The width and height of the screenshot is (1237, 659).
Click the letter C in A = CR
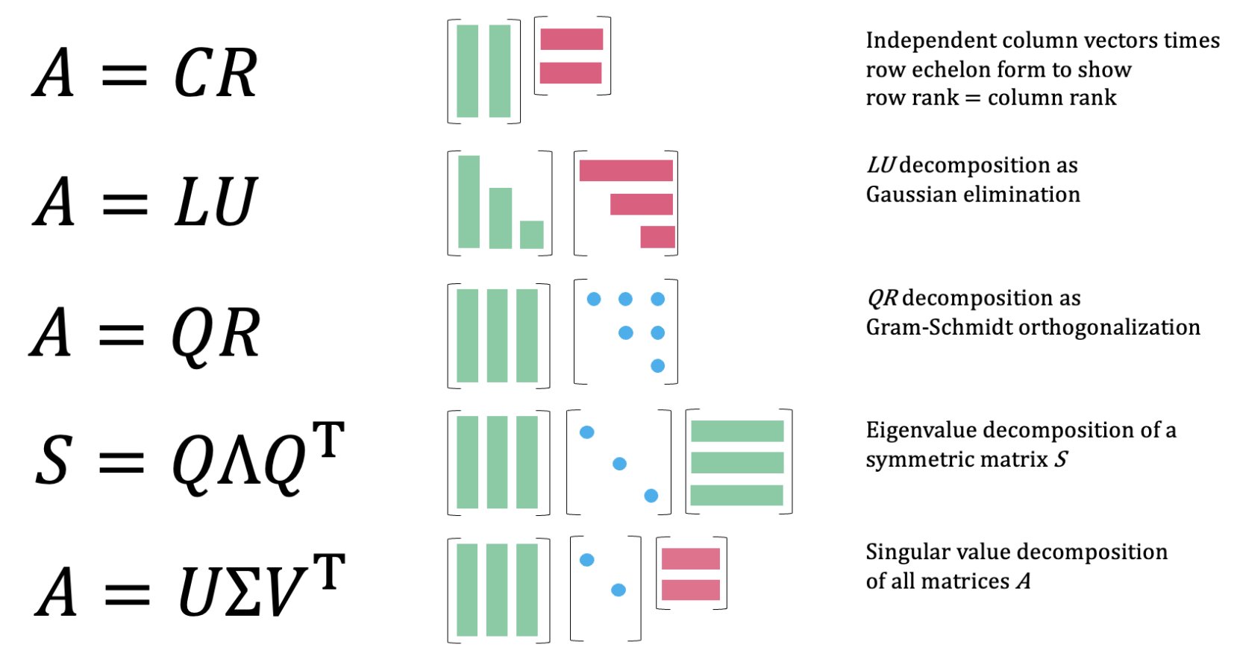[x=195, y=74]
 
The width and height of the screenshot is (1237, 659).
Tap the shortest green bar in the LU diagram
[x=531, y=234]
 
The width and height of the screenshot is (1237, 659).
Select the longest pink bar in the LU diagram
[x=625, y=170]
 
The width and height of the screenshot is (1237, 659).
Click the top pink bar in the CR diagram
[x=571, y=39]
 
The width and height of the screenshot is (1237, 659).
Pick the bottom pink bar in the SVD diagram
[x=690, y=590]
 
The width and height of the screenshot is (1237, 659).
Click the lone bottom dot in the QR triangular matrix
[x=657, y=365]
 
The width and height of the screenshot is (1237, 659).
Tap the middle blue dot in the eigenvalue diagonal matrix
[x=618, y=464]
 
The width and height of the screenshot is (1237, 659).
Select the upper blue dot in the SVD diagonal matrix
[x=587, y=560]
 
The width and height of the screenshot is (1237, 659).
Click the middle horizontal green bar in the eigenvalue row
[x=736, y=462]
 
